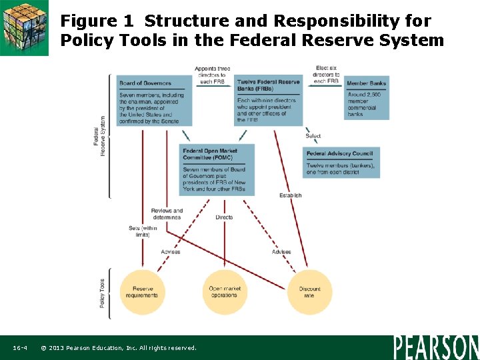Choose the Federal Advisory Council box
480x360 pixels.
pyautogui.click(x=341, y=162)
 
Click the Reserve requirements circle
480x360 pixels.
pyautogui.click(x=142, y=292)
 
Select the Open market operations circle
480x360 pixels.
pyautogui.click(x=225, y=292)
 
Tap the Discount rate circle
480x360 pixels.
pyautogui.click(x=309, y=292)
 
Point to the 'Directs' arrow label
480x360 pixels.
pyautogui.click(x=225, y=217)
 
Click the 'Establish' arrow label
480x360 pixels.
pyautogui.click(x=291, y=195)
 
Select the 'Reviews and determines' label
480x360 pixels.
pyautogui.click(x=167, y=214)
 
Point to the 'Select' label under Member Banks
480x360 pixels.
pyautogui.click(x=313, y=136)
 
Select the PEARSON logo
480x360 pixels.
pyautogui.click(x=436, y=347)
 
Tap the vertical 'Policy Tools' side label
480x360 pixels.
pyautogui.click(x=102, y=293)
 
